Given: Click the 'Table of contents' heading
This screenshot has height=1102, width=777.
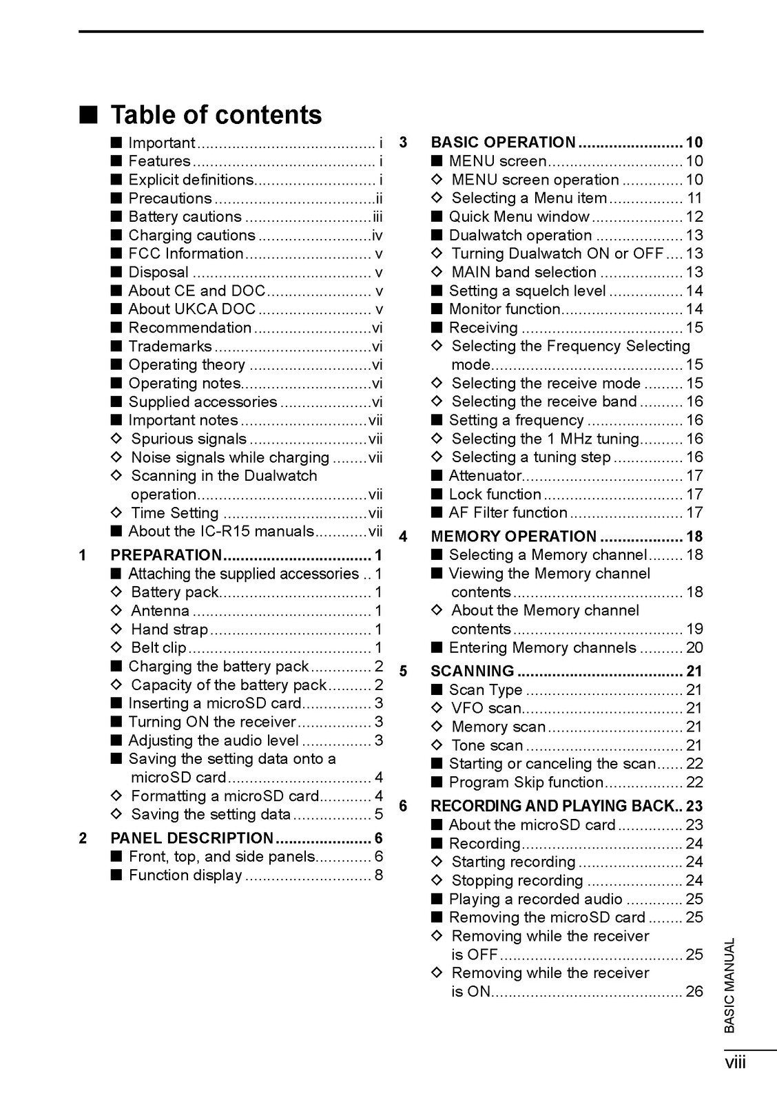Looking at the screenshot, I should [216, 114].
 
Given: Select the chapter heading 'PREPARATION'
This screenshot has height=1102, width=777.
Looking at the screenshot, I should [166, 555].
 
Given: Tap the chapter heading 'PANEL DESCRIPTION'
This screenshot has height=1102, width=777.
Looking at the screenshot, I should [192, 838].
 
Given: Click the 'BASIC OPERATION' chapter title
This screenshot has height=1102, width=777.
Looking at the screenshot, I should [503, 143].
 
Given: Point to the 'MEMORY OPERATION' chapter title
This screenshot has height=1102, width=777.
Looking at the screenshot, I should [513, 537].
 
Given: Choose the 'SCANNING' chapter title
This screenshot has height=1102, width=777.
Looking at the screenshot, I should [473, 671].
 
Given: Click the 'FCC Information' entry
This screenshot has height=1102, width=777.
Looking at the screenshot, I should [186, 253].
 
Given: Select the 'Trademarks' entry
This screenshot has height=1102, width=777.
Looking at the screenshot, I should [170, 346].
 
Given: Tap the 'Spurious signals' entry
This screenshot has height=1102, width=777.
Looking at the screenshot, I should [189, 439].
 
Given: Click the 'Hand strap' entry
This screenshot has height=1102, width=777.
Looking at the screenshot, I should [169, 629].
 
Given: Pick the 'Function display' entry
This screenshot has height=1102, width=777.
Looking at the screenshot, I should [185, 875].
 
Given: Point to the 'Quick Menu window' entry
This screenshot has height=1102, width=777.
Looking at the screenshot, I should [519, 216].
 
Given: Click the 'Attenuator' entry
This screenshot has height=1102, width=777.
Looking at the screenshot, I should [486, 475].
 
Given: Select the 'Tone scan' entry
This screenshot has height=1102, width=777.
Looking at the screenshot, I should [487, 745].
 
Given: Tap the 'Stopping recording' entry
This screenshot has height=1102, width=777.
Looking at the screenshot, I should [517, 880].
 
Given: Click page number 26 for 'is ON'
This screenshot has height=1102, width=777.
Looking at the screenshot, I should [694, 991].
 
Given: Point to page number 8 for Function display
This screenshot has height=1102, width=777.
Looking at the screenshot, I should [378, 875].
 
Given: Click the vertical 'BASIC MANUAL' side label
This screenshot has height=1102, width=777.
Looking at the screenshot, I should [730, 985].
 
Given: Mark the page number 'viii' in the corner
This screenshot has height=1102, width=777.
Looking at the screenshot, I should [735, 1063].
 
